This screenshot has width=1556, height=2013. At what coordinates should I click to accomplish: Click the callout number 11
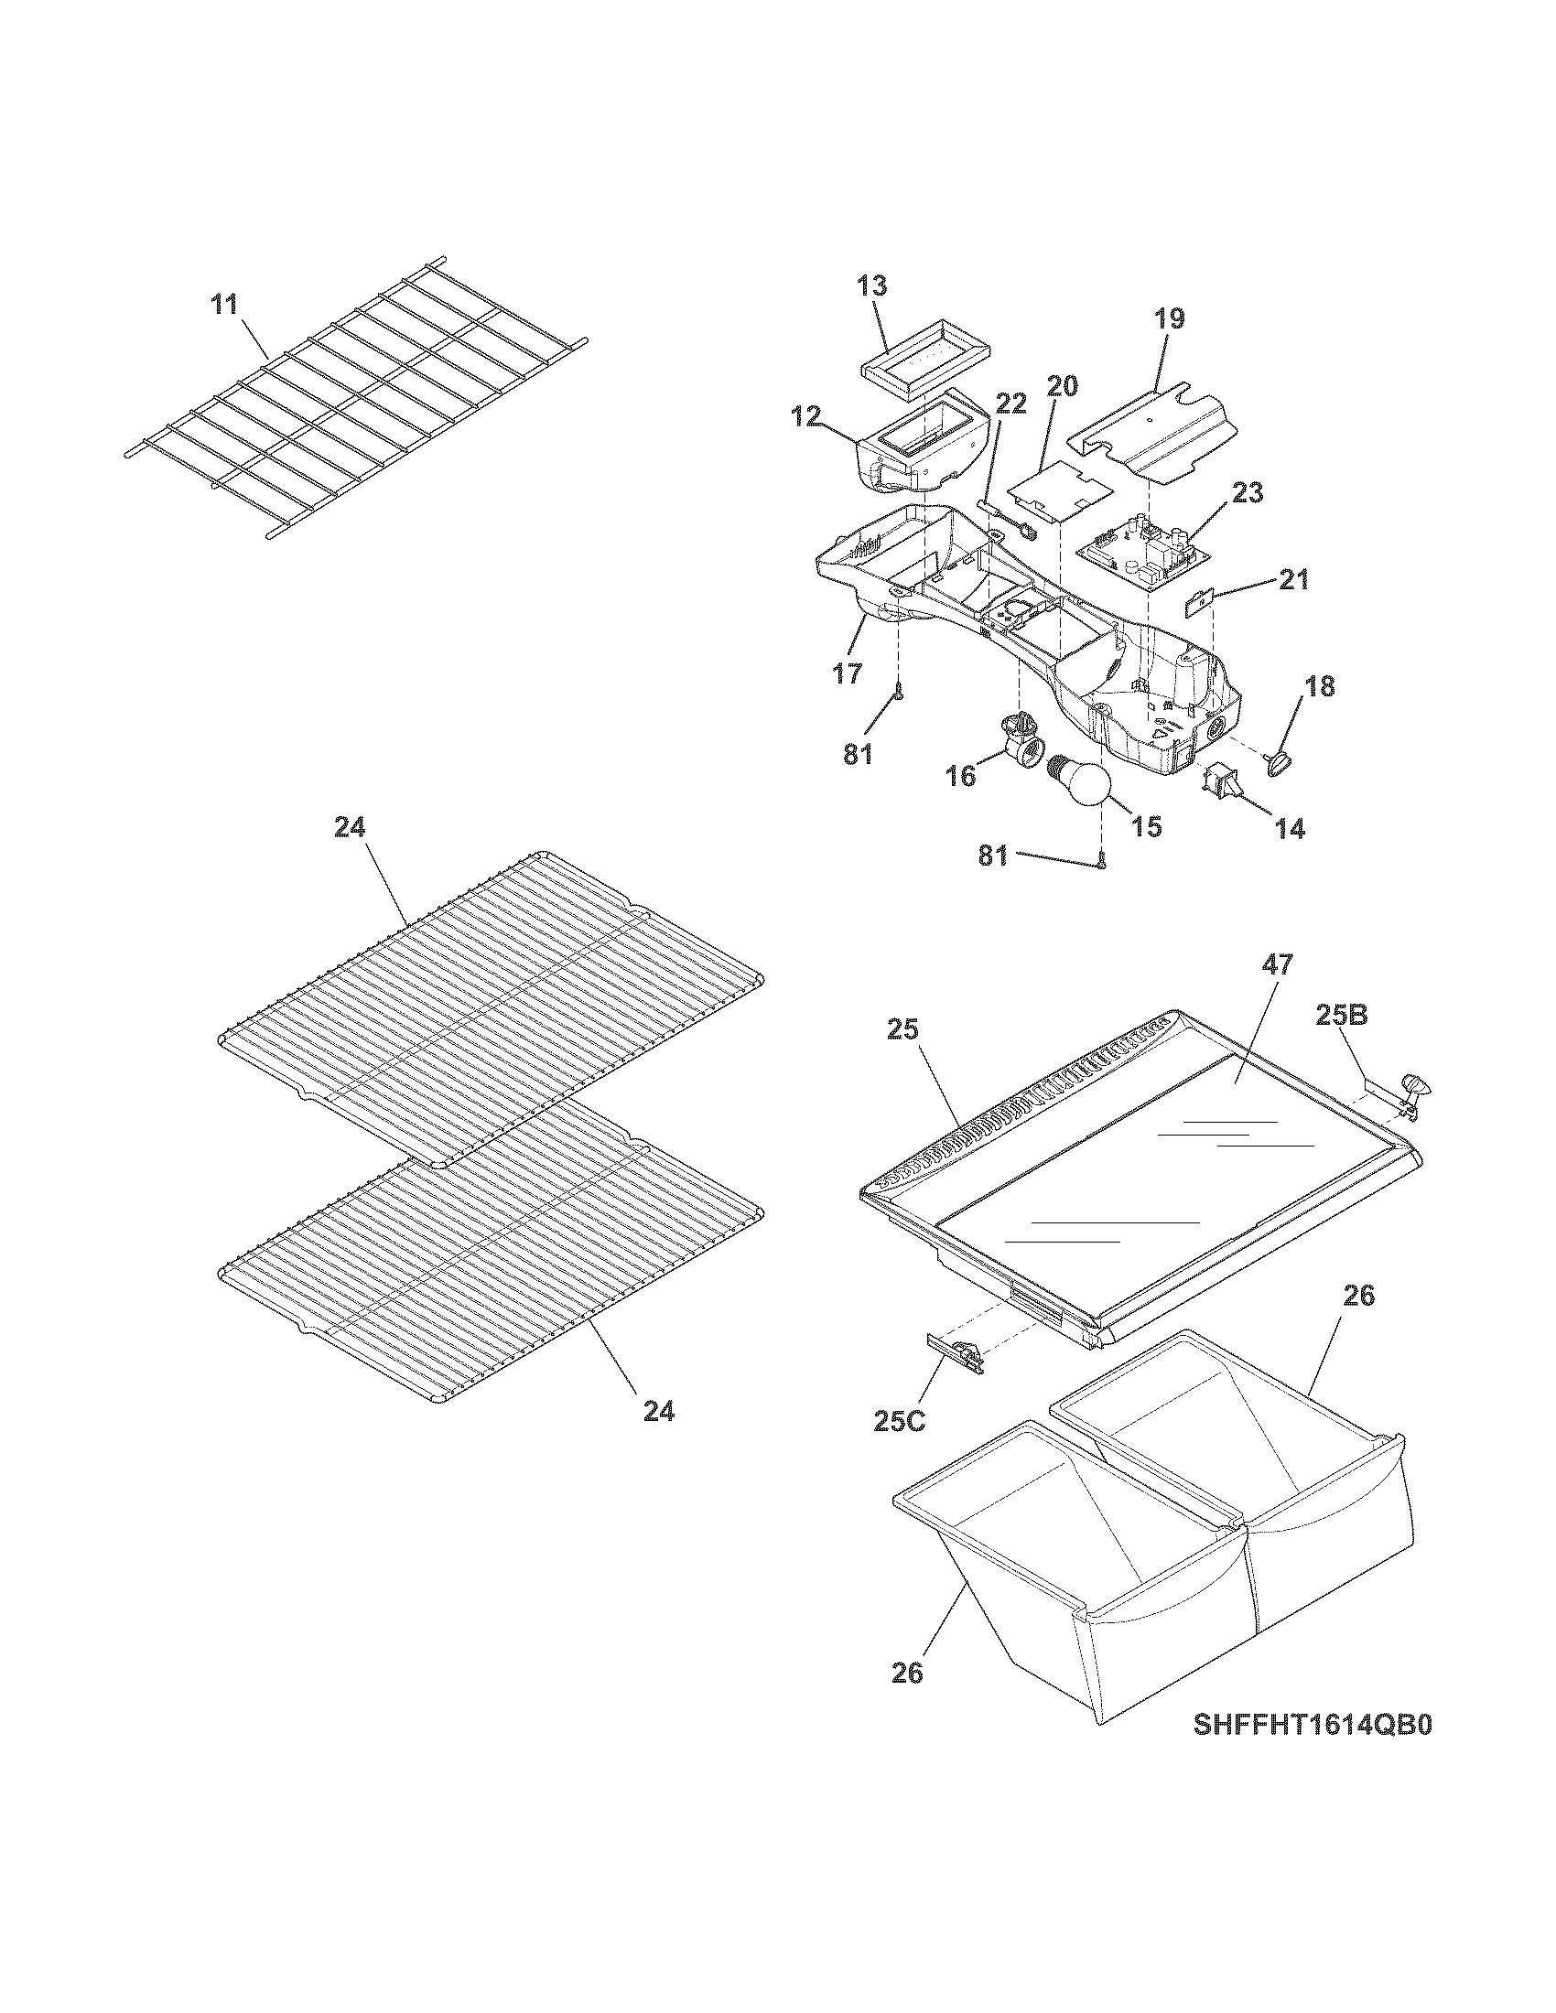tap(225, 305)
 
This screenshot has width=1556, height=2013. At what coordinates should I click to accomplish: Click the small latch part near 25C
tap(955, 1352)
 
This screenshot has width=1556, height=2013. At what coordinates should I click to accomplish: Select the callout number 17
tap(848, 673)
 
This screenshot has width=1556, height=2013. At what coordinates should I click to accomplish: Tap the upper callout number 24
tap(350, 828)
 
